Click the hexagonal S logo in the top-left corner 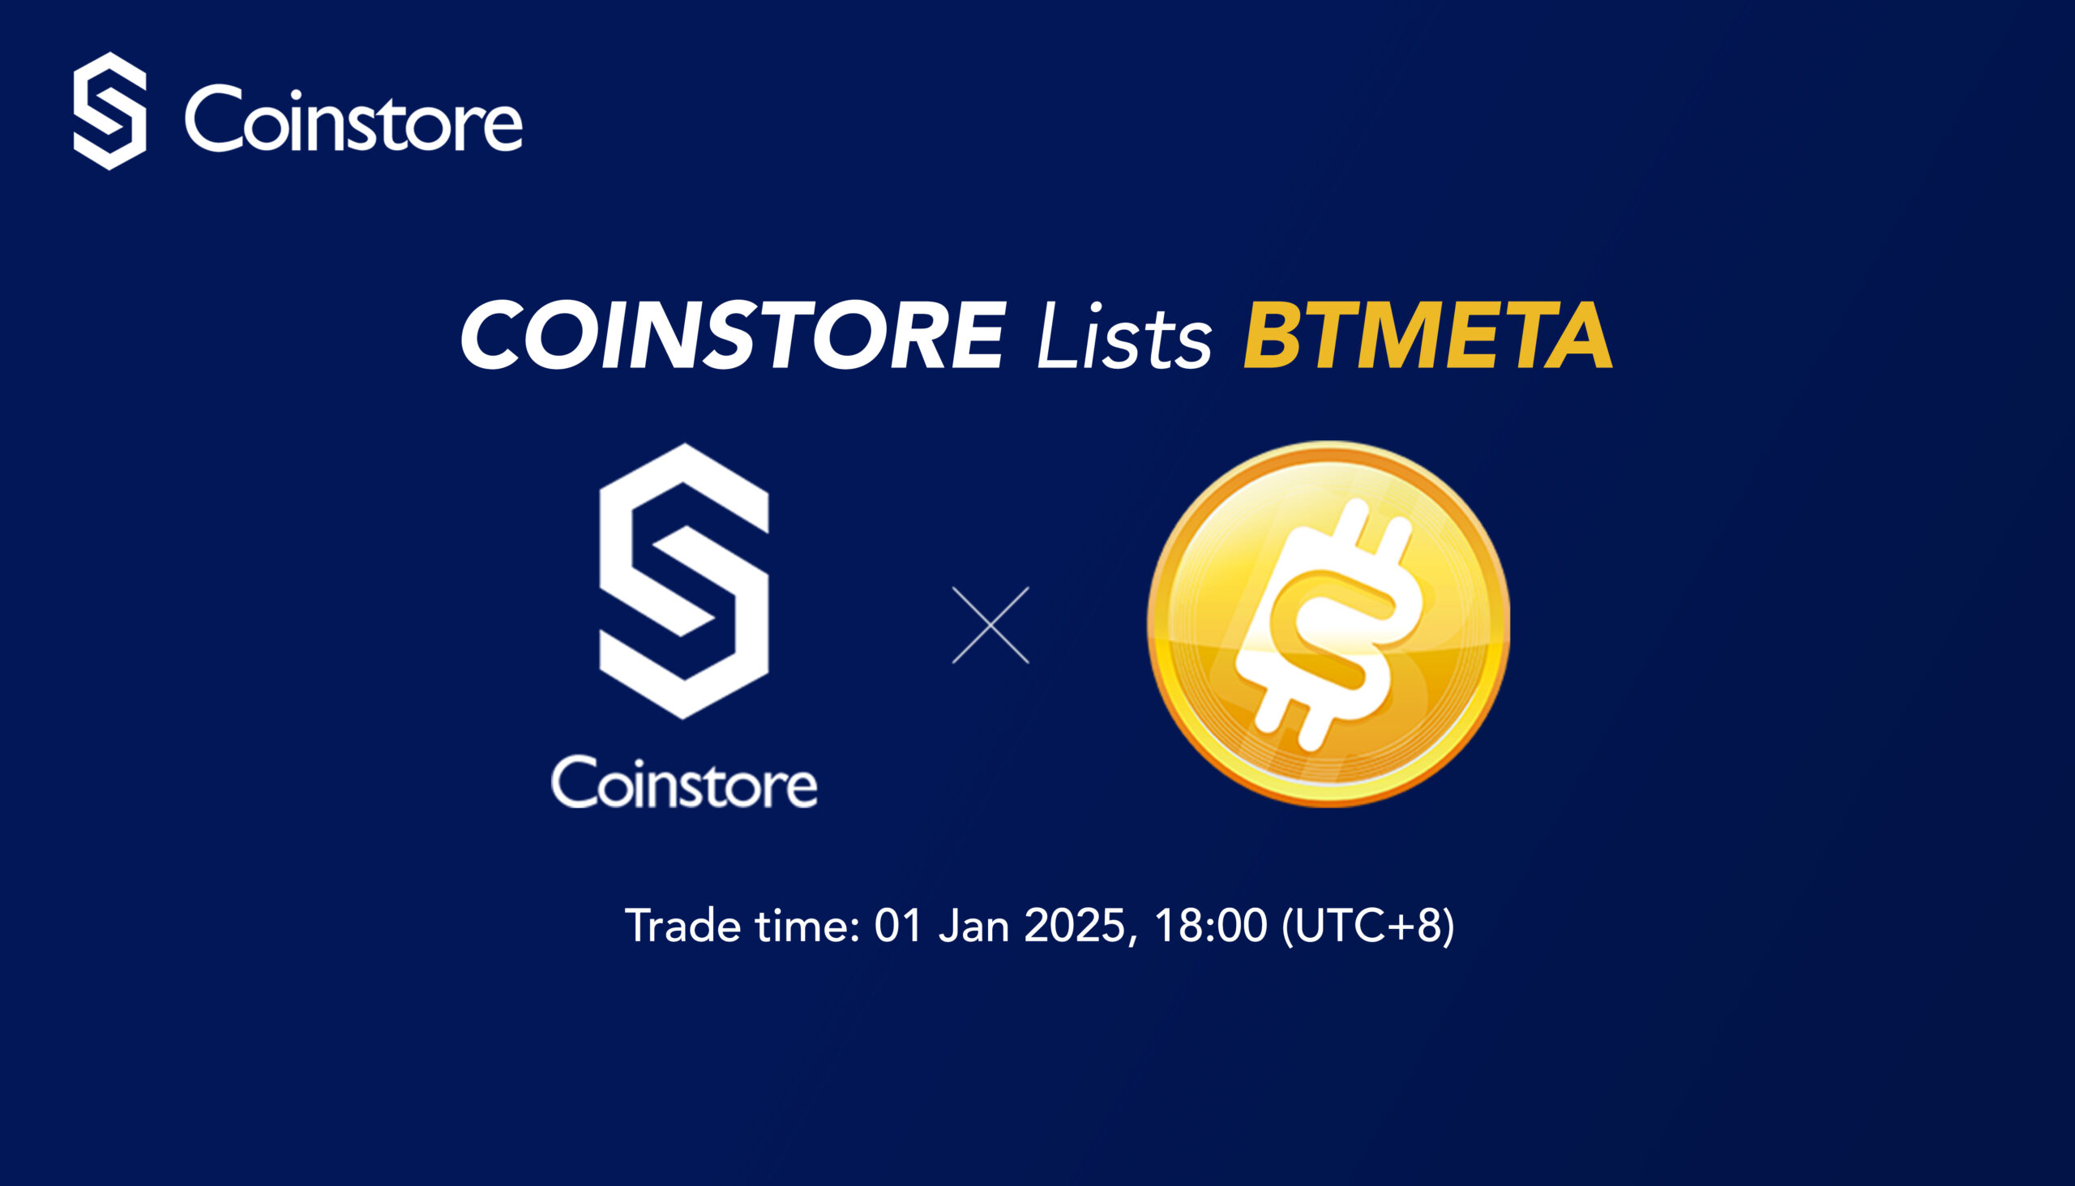pos(110,111)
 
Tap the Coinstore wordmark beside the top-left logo pos(353,120)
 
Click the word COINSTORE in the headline pos(734,335)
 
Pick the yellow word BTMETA pos(1428,335)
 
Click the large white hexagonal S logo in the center pos(684,580)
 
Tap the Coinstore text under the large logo pos(684,782)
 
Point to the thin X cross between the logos pos(990,625)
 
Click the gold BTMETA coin pos(1328,624)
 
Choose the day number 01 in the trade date pos(898,927)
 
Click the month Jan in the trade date pos(974,927)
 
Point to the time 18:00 pos(1211,927)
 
